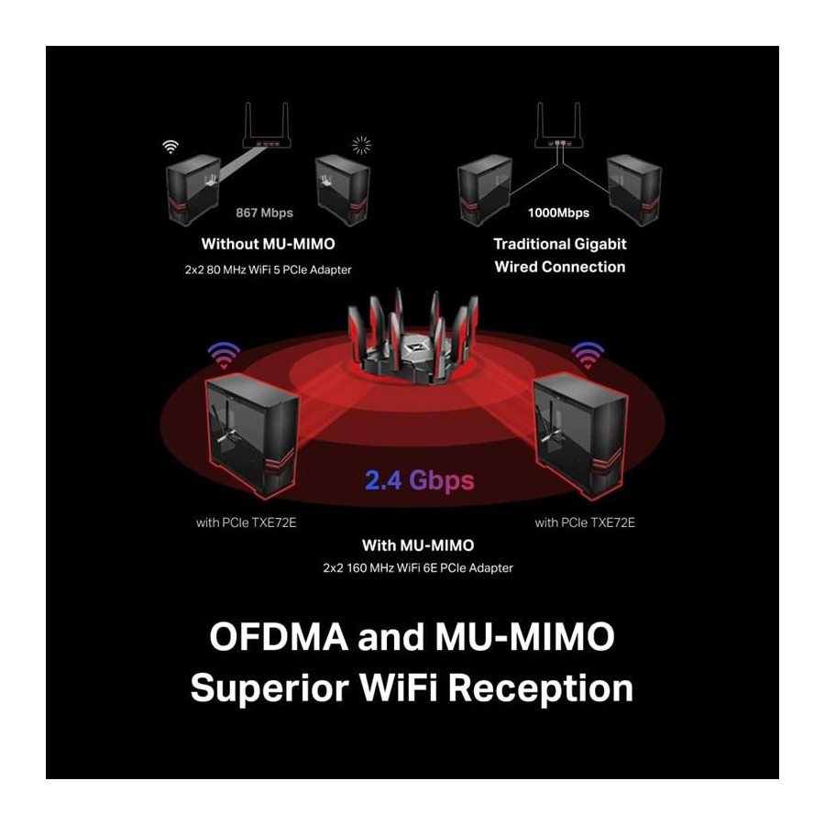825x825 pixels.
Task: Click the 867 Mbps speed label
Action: (x=264, y=213)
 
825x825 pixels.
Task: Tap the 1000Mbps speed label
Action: (x=559, y=213)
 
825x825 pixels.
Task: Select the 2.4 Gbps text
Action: (x=419, y=480)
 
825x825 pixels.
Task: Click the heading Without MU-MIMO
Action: (x=268, y=244)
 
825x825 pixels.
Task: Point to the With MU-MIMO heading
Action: (x=418, y=545)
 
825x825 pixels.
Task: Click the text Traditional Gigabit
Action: (x=560, y=244)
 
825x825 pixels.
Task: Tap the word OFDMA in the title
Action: (x=279, y=637)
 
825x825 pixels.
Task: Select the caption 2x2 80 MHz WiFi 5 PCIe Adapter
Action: (x=268, y=269)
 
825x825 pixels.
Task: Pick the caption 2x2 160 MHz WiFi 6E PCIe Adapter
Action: (x=418, y=568)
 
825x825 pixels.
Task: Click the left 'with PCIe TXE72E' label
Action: (x=247, y=522)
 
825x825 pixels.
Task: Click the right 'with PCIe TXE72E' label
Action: (x=585, y=522)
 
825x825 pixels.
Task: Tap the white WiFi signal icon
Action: (x=170, y=147)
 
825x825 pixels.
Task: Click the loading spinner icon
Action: (x=361, y=146)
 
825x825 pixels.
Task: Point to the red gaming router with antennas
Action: (x=413, y=336)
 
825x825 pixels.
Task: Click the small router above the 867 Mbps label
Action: (x=267, y=126)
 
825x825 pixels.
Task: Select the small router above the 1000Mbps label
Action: (x=559, y=126)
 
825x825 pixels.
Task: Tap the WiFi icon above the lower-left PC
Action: (x=224, y=355)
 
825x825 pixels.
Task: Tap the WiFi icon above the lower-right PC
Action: (x=588, y=355)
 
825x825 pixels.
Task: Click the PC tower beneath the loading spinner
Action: (x=343, y=190)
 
